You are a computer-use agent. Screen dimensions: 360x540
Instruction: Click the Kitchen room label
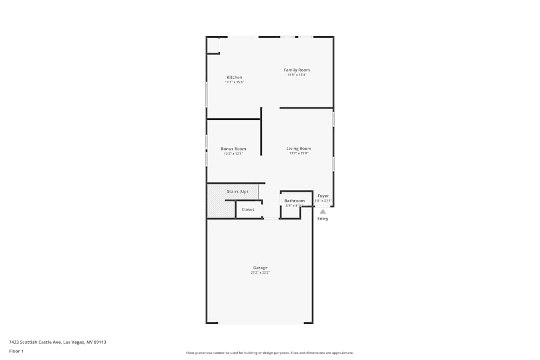(234, 77)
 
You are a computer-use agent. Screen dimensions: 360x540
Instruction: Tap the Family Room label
(297, 70)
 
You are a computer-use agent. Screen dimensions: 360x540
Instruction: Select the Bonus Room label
(233, 149)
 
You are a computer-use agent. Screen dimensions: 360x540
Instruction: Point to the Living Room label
(299, 148)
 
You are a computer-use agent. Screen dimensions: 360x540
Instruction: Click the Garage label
(260, 268)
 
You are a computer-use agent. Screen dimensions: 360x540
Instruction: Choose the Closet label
(248, 209)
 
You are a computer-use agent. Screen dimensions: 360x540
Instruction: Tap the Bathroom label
(294, 201)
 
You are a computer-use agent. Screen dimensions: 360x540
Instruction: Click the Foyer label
(323, 196)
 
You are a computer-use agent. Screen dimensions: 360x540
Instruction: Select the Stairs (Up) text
(238, 192)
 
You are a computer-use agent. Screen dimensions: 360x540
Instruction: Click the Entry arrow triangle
(322, 212)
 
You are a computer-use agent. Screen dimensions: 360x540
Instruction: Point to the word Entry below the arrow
(322, 219)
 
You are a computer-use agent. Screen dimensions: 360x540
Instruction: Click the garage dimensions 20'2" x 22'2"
(260, 273)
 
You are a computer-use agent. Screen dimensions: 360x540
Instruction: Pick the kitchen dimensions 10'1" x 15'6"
(234, 82)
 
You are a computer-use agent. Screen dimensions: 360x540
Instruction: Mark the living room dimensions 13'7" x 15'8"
(299, 153)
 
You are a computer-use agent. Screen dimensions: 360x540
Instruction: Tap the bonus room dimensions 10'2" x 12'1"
(233, 154)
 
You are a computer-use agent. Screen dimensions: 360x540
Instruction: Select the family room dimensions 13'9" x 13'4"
(297, 75)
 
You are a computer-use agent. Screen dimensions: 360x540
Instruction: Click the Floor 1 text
(16, 351)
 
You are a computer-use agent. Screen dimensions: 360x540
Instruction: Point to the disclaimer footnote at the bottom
(270, 353)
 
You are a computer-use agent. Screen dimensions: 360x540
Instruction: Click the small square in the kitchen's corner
(213, 45)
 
